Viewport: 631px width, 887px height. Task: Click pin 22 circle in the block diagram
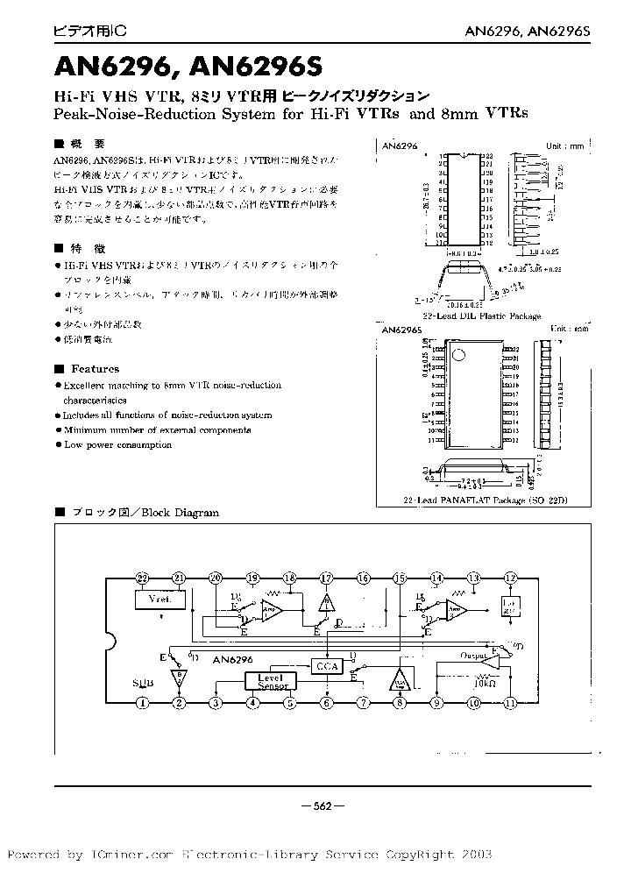click(143, 578)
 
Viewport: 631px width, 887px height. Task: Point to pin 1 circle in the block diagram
click(143, 702)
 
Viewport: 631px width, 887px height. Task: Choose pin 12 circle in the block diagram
click(511, 578)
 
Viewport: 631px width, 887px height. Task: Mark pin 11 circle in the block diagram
click(511, 702)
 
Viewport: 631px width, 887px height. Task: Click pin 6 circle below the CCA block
click(326, 702)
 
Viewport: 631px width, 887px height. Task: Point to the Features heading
click(95, 369)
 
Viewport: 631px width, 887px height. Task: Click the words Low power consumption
click(117, 444)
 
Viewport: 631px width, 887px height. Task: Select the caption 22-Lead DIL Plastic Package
click(481, 316)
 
